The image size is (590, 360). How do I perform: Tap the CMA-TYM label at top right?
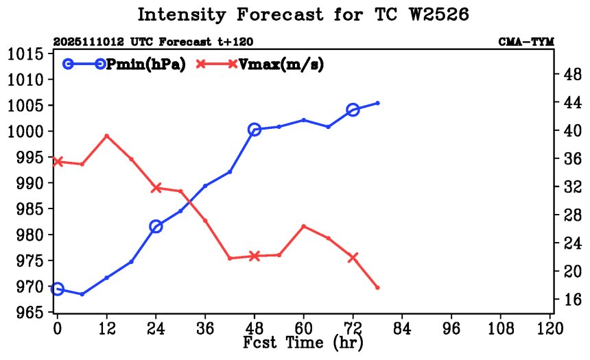(x=526, y=43)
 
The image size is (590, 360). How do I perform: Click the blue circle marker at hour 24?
(x=156, y=226)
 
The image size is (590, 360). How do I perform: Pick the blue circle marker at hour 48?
(x=255, y=130)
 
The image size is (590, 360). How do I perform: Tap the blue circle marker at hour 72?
(x=353, y=110)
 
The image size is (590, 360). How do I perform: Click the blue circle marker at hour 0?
(x=58, y=289)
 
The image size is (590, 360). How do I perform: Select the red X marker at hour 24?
(x=156, y=187)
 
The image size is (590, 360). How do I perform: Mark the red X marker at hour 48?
(x=255, y=256)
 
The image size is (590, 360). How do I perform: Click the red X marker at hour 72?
(x=353, y=258)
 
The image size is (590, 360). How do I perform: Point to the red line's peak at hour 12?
(x=106, y=136)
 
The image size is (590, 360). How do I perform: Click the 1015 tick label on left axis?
(x=27, y=54)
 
